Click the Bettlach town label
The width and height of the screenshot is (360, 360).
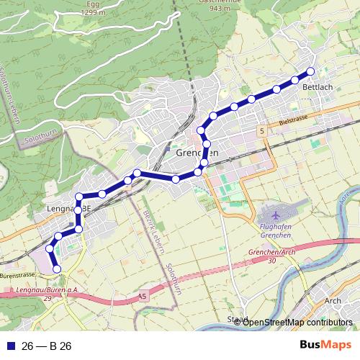[318, 87]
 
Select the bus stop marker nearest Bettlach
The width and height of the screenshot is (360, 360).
[311, 71]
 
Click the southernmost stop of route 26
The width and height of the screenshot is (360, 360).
[57, 269]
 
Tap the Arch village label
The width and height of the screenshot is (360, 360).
[333, 301]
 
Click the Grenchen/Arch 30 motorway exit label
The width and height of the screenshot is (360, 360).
[271, 256]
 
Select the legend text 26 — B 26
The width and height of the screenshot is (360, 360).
[46, 346]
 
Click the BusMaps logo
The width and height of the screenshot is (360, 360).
[325, 346]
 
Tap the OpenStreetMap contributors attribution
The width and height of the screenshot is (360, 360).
[297, 322]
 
